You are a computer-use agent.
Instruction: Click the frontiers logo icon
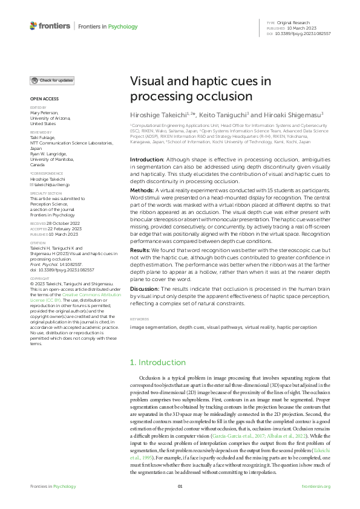[33, 26]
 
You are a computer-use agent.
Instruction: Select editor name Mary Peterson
[43, 113]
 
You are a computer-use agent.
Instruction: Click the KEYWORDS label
[140, 319]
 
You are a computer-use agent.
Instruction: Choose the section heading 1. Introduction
[155, 362]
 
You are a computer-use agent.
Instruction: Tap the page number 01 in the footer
[180, 487]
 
